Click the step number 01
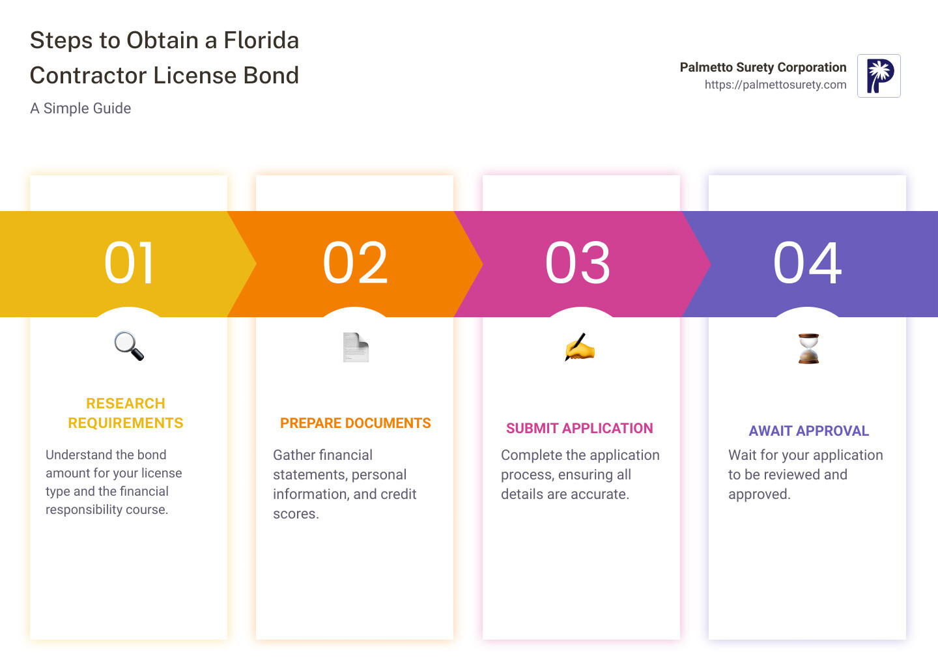click(x=129, y=263)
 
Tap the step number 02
click(x=355, y=263)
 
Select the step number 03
click(x=578, y=263)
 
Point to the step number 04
click(x=807, y=263)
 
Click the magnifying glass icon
click(x=129, y=346)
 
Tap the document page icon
click(x=356, y=347)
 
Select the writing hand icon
click(x=580, y=347)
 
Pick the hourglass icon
click(x=808, y=348)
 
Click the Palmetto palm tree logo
click(x=879, y=76)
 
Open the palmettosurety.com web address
click(x=775, y=85)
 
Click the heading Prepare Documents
click(x=355, y=423)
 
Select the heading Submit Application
click(x=579, y=429)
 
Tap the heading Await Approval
click(x=808, y=431)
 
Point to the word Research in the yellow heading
click(x=126, y=404)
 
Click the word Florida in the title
click(x=261, y=40)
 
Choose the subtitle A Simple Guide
click(x=80, y=109)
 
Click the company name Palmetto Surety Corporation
click(x=763, y=67)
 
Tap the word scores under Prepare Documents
click(x=295, y=514)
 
